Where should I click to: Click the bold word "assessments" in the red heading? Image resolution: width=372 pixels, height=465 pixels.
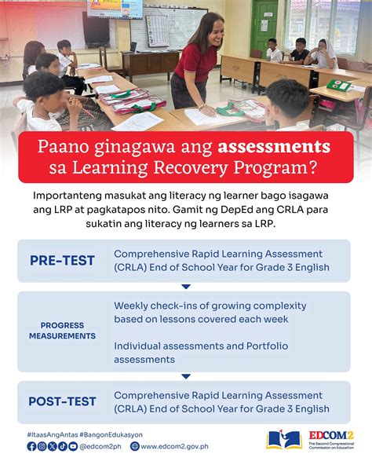pos(274,146)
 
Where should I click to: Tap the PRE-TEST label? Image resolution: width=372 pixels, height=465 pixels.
pos(63,261)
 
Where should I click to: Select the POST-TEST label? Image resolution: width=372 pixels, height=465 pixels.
pos(63,401)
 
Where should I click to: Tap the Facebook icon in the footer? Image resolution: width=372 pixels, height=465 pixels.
pos(31,446)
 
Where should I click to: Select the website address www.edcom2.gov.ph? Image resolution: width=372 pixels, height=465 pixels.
pos(174,446)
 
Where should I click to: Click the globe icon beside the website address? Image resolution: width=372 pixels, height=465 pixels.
pos(135,446)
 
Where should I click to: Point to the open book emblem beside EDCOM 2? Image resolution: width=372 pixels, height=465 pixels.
pos(283,439)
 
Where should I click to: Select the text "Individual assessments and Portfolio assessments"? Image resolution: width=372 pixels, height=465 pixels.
pos(201,353)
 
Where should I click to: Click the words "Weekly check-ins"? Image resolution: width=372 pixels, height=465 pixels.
pos(144,305)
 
